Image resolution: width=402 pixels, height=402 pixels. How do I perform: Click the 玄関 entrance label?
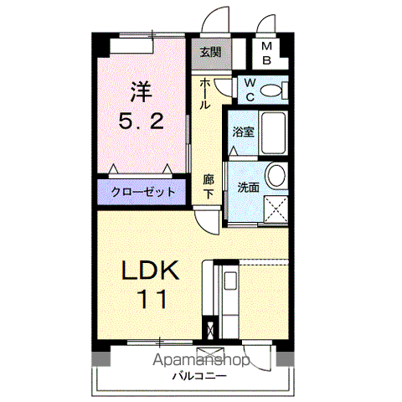point(211,52)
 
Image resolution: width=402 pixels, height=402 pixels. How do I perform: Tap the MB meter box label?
point(267,53)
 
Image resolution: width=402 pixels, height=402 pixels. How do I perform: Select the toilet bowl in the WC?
point(271,90)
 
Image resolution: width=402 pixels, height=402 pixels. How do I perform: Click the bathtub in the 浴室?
point(274,133)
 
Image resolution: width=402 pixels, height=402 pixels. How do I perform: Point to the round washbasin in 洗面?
point(276,175)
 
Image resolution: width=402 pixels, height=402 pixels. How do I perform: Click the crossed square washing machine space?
point(276,209)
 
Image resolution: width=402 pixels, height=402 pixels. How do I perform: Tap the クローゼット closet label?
point(143,192)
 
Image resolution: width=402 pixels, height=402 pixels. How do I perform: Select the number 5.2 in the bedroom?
point(141,121)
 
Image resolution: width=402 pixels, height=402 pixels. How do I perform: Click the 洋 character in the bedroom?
point(142,91)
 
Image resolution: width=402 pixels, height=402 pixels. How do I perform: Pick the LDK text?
point(150,270)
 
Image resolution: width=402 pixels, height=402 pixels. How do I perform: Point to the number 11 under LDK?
point(153,299)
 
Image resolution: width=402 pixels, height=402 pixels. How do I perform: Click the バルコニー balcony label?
point(199,376)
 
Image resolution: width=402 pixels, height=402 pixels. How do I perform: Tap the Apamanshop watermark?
point(201,360)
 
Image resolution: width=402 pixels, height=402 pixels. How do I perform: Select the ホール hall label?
point(204,94)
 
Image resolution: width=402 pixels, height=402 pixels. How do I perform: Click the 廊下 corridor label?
point(209,186)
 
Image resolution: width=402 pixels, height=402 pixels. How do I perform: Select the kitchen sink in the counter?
point(230,283)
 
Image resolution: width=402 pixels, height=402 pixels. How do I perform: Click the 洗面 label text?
point(248,188)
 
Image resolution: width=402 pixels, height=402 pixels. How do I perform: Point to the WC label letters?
point(250,90)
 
